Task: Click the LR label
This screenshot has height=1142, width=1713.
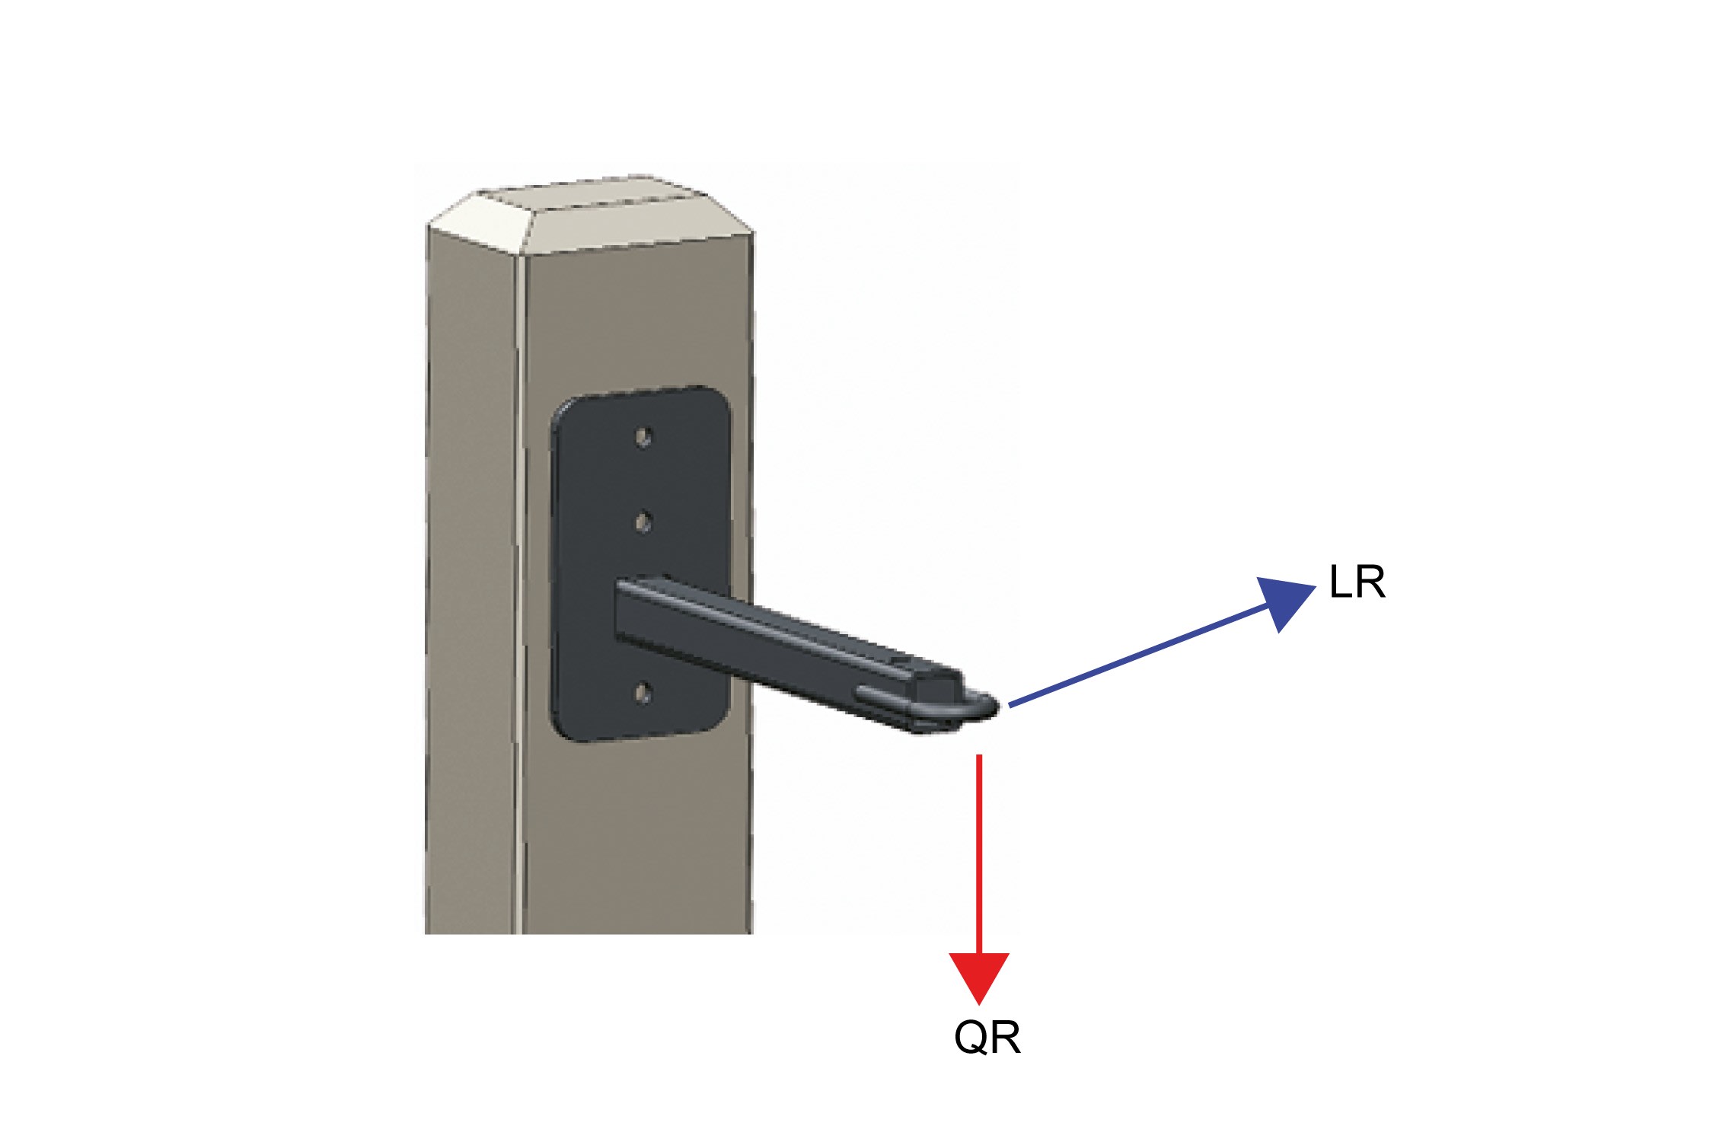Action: coord(1357,582)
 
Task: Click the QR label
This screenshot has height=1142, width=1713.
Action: coord(987,1038)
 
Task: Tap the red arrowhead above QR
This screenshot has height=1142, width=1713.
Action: coord(979,976)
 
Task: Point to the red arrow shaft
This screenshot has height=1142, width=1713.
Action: coord(979,853)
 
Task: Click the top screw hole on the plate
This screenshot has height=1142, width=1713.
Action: coord(643,438)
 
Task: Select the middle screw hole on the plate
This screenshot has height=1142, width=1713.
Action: coord(643,522)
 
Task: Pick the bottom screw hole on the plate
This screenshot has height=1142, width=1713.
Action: coord(643,693)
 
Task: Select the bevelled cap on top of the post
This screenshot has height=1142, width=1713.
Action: coord(590,217)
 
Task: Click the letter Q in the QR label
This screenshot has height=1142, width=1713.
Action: coord(971,1038)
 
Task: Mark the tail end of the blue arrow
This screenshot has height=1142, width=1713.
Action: coord(1011,706)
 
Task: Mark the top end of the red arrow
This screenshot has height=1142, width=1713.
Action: coord(979,757)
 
